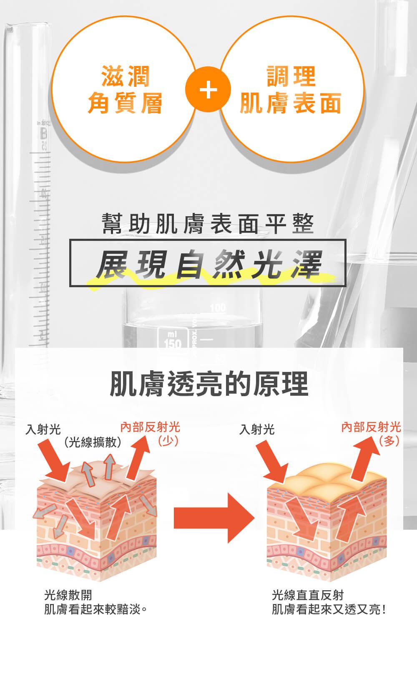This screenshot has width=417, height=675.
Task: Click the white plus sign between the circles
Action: (x=208, y=89)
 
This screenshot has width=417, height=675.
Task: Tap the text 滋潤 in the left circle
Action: (x=125, y=76)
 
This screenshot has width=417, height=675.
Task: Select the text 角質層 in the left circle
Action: (x=125, y=103)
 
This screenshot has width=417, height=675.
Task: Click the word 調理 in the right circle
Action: (x=291, y=76)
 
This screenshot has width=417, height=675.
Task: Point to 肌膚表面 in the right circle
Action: (x=291, y=103)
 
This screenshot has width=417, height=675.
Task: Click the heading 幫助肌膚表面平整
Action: (x=208, y=224)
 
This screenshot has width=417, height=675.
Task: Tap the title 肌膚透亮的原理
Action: (x=209, y=383)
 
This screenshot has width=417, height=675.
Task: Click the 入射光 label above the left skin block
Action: (x=43, y=429)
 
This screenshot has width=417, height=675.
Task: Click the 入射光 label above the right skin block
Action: (x=257, y=429)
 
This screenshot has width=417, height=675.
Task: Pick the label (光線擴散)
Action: (x=93, y=442)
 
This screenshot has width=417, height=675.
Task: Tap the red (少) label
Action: (x=168, y=441)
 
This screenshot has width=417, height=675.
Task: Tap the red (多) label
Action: (x=389, y=441)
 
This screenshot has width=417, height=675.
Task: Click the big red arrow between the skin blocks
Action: (x=214, y=518)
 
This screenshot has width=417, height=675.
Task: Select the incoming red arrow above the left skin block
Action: (x=55, y=460)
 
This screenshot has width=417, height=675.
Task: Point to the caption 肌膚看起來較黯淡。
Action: (x=95, y=609)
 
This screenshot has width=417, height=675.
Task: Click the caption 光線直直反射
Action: (x=308, y=595)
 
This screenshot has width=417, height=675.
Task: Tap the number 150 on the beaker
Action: (x=173, y=343)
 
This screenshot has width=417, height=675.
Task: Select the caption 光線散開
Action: (x=68, y=595)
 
